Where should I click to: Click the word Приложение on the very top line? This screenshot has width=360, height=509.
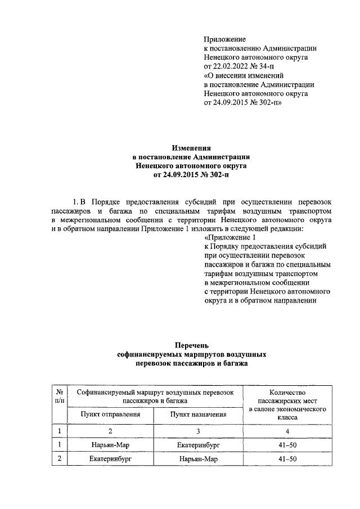225,39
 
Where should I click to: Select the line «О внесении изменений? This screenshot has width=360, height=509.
244,74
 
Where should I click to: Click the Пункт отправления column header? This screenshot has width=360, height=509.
110,414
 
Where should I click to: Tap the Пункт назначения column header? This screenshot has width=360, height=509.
198,415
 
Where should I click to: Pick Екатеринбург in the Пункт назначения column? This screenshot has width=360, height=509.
198,444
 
